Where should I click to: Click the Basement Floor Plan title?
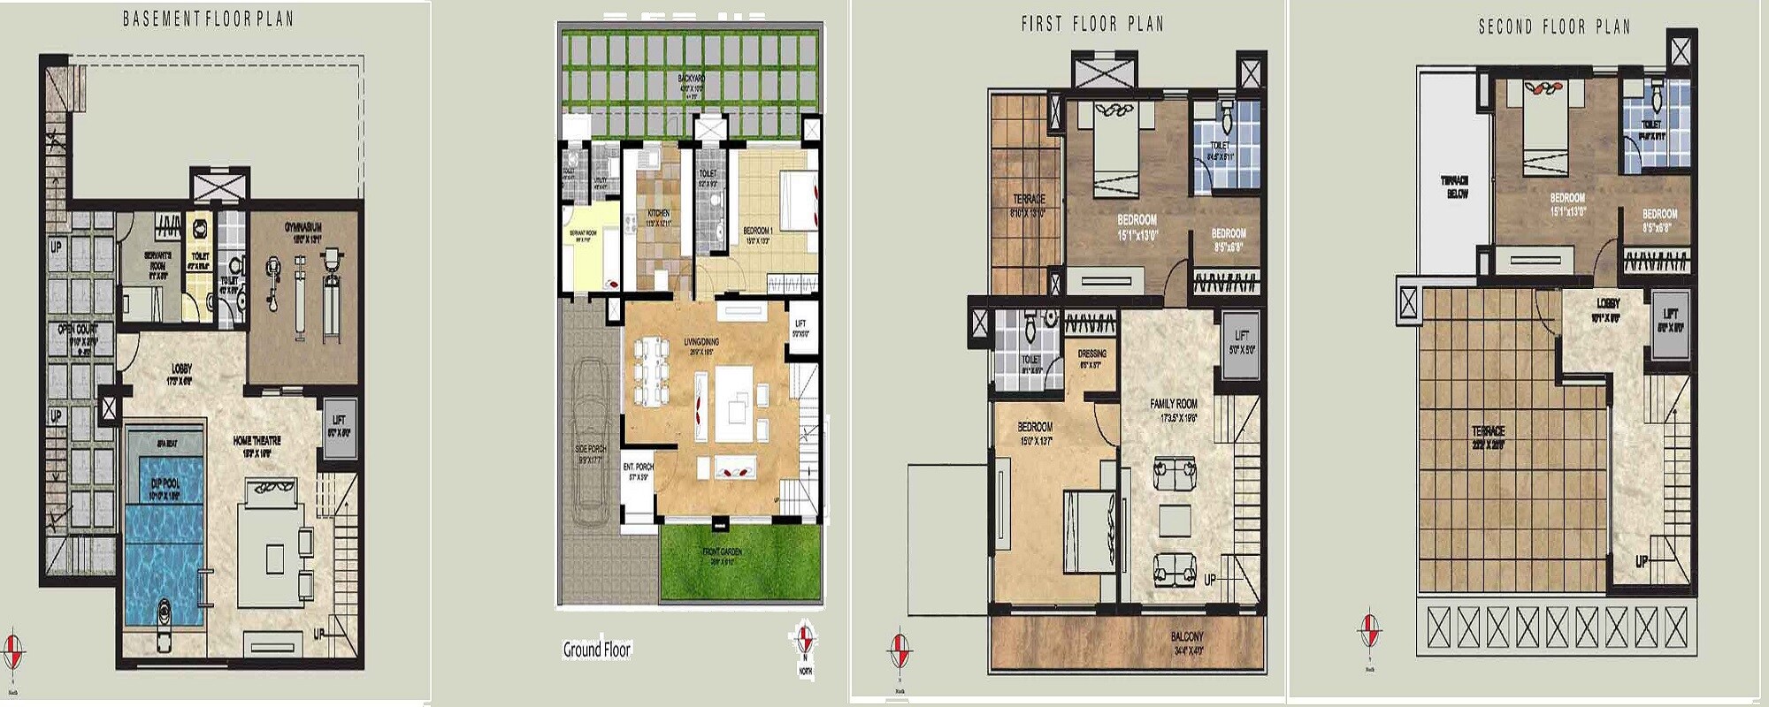click(208, 19)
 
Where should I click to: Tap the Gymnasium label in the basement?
click(302, 228)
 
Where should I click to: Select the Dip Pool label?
click(165, 483)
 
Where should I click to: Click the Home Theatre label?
click(257, 440)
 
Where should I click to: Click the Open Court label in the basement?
click(78, 329)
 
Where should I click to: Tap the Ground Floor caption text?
click(597, 650)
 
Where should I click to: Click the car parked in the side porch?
click(590, 442)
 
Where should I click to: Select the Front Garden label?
click(723, 551)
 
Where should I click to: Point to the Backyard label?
click(691, 79)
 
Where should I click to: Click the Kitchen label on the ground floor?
click(658, 213)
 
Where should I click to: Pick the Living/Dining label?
click(701, 342)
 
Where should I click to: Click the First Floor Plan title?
click(1092, 24)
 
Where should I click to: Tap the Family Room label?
click(1174, 404)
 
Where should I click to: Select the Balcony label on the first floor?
click(1187, 636)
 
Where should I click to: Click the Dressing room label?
click(1091, 353)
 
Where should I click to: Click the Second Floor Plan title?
click(1554, 27)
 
